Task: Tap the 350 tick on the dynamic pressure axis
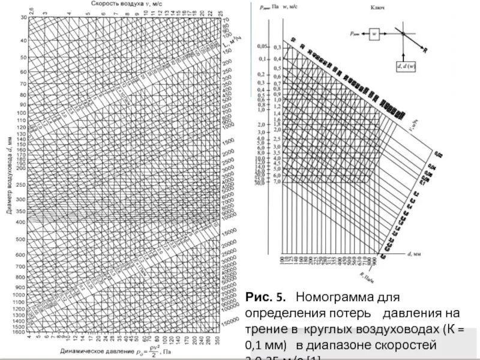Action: pos(217,339)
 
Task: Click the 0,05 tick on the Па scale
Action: pos(262,46)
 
